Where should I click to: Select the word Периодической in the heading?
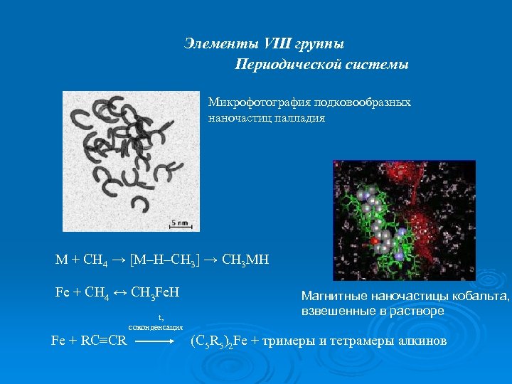284,65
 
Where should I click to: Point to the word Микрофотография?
254,102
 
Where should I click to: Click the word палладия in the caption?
302,118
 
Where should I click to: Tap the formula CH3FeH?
156,292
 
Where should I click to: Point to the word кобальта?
484,297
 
